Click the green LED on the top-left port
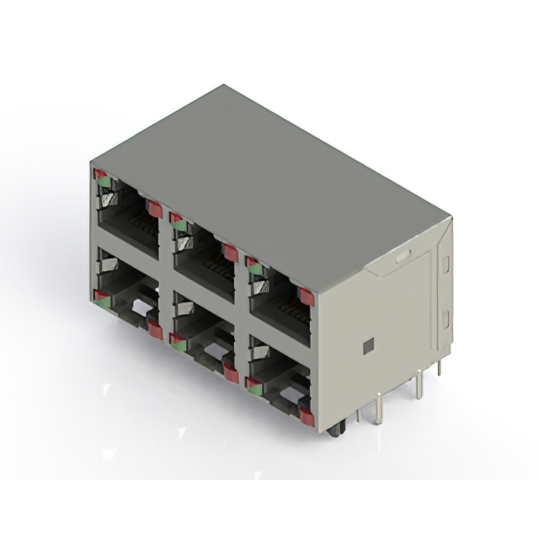[x=104, y=181]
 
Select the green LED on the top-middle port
[x=179, y=225]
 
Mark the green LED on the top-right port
[x=254, y=269]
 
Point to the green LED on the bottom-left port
[x=104, y=296]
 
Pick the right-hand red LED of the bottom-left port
[x=155, y=329]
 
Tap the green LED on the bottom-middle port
[x=179, y=340]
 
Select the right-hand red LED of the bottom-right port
[x=307, y=417]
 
